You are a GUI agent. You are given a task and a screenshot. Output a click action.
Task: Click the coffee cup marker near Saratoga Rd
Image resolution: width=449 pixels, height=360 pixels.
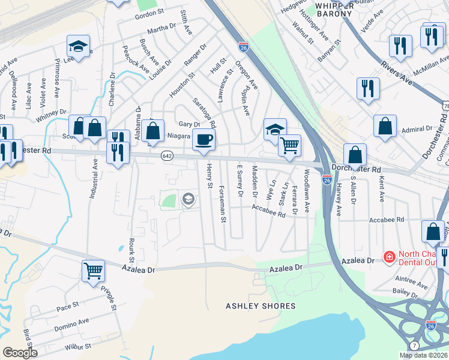pyautogui.click(x=204, y=139)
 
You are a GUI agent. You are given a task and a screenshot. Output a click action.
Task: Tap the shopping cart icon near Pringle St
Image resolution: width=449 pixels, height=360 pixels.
pyautogui.click(x=93, y=271)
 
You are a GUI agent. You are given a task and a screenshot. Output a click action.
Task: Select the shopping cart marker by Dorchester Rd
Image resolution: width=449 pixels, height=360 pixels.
pyautogui.click(x=290, y=145)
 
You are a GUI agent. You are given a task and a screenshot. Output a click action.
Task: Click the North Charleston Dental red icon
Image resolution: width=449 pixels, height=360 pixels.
pyautogui.click(x=390, y=257)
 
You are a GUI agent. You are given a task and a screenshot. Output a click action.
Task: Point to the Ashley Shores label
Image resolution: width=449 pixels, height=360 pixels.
pyautogui.click(x=261, y=306)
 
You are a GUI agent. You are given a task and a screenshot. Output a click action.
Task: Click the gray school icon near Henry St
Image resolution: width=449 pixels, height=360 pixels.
pyautogui.click(x=188, y=199)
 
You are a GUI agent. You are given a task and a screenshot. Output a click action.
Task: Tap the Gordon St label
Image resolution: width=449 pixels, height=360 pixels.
pyautogui.click(x=149, y=13)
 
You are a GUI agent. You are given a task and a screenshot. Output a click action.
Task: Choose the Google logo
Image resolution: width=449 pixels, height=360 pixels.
pyautogui.click(x=20, y=353)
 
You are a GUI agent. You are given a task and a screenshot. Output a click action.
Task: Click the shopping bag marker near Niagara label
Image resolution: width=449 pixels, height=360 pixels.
pyautogui.click(x=154, y=130)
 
